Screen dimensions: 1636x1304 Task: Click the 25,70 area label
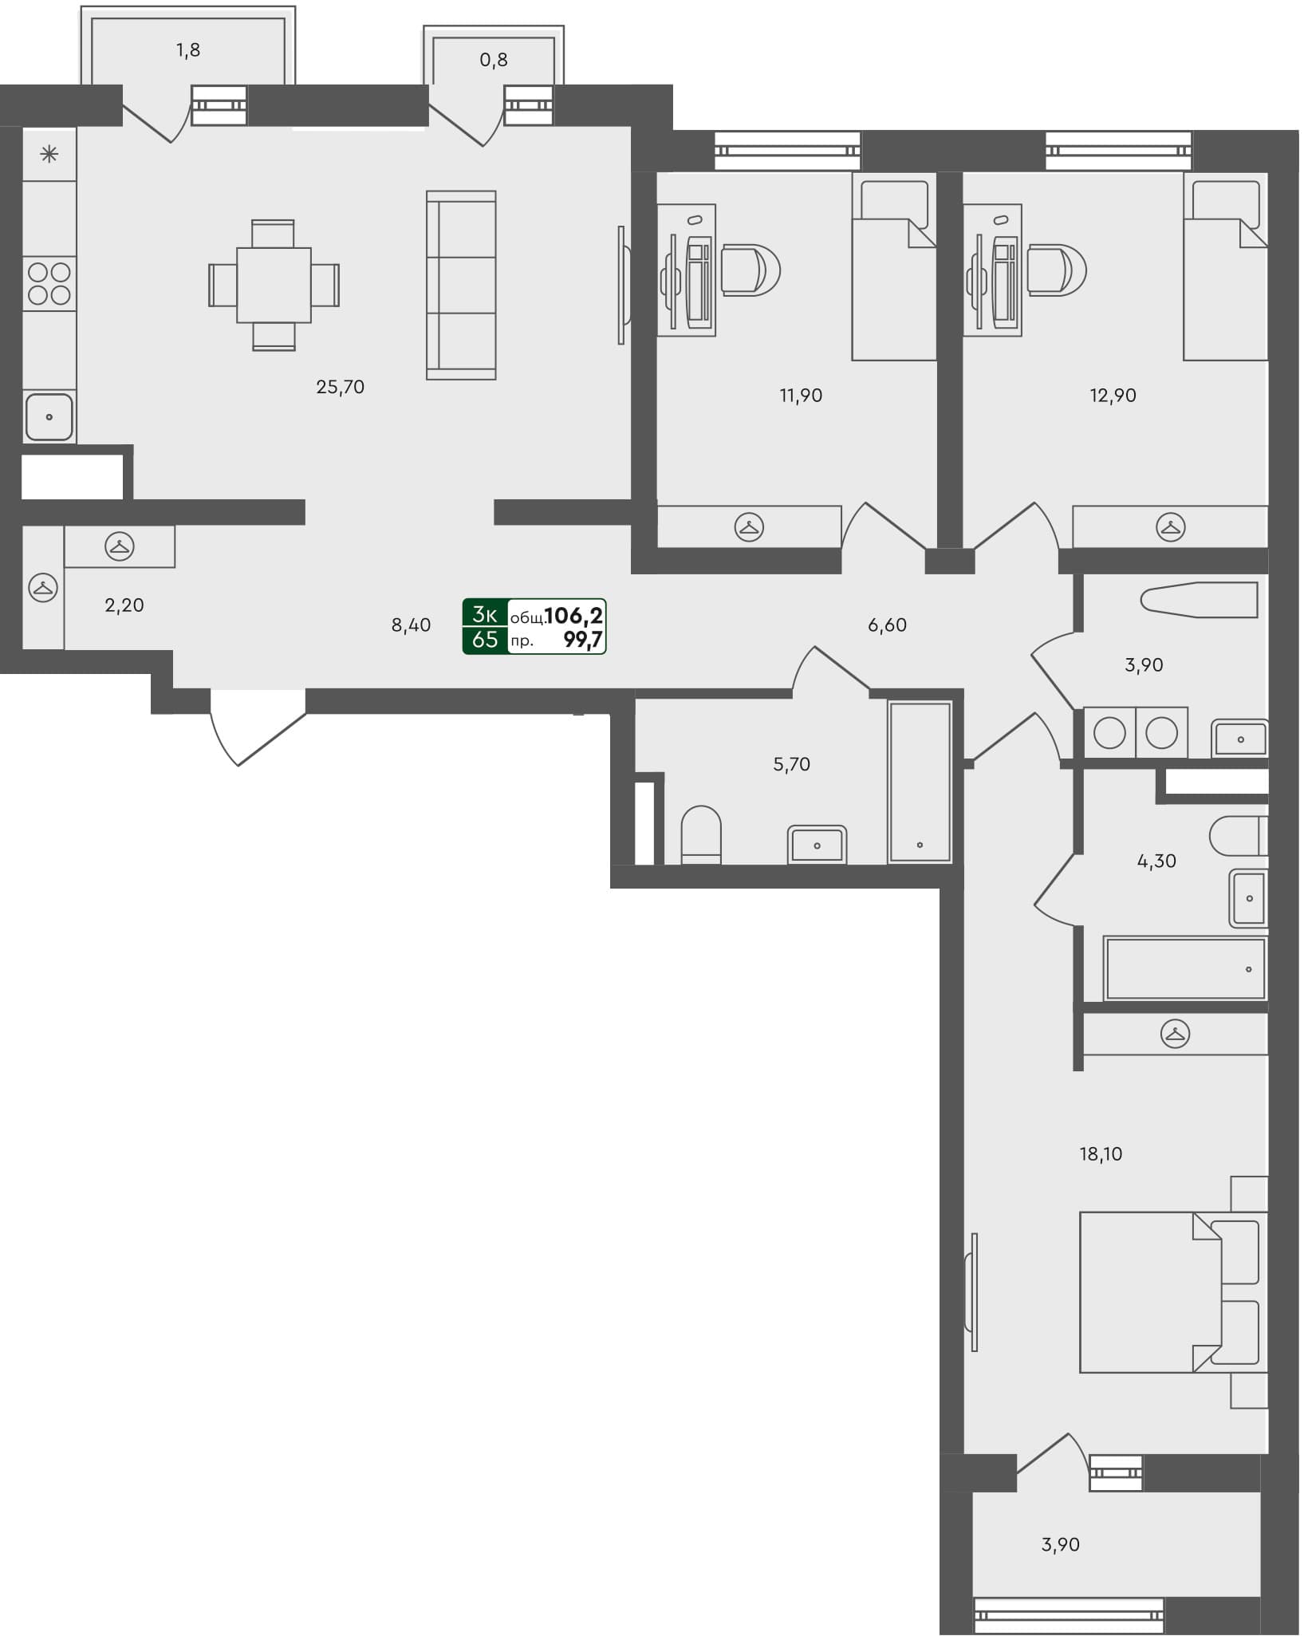coord(340,387)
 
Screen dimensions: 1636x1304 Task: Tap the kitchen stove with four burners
coord(49,284)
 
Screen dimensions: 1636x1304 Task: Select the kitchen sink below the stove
coord(49,416)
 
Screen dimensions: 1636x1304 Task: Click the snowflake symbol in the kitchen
coord(49,154)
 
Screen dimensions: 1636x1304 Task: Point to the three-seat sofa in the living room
coord(461,285)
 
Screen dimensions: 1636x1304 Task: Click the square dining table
coord(274,285)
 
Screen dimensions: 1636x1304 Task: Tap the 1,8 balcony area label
coord(188,50)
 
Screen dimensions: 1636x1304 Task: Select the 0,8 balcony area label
coord(493,60)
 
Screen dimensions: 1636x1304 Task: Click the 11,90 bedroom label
coord(801,395)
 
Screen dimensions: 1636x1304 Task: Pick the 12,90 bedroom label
coord(1113,395)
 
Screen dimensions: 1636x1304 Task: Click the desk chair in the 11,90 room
coord(750,270)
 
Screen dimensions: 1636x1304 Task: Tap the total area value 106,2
coord(573,615)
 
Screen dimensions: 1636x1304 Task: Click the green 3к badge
coord(485,613)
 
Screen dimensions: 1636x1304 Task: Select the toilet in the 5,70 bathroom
coord(701,834)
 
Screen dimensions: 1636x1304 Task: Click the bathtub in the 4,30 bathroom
coord(1185,969)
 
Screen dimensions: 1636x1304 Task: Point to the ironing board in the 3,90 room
coord(1199,599)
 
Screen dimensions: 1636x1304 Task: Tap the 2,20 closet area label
coord(124,605)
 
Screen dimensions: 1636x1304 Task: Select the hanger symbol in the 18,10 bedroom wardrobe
coord(1176,1034)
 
